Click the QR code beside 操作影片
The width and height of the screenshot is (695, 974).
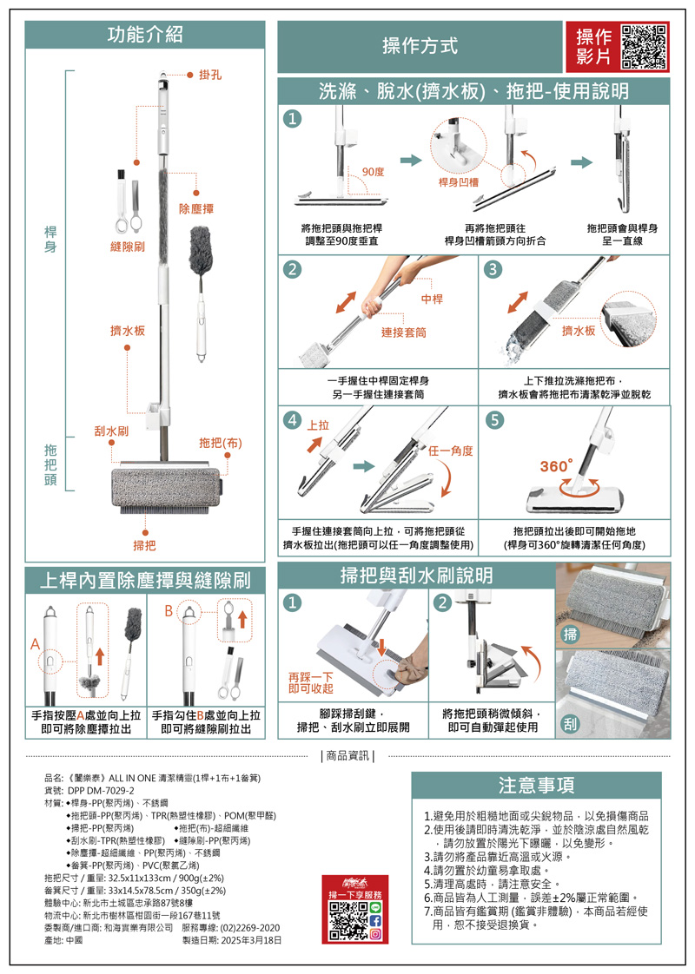pos(644,47)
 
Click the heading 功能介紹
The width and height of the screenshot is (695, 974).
pos(145,35)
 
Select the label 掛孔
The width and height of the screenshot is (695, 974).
pos(210,75)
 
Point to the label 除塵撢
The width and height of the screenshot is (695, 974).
pos(196,208)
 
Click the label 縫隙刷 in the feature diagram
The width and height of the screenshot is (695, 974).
pos(128,247)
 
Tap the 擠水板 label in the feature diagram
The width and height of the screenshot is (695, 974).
pos(128,331)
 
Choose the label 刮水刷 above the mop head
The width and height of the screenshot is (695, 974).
pos(111,431)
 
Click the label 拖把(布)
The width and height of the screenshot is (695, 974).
pos(221,443)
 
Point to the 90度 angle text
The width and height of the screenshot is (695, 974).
pos(373,172)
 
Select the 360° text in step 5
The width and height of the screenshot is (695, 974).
pos(556,466)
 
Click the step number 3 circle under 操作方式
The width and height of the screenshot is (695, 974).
pos(493,269)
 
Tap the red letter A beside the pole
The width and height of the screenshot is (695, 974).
pos(36,644)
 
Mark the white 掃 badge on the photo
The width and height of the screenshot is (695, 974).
pos(570,635)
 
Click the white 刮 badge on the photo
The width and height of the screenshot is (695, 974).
pos(570,723)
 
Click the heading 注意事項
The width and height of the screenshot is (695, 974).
pos(537,785)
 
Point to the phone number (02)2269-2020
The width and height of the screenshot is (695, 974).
pos(250,928)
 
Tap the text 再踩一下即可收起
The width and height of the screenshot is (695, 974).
pos(311,682)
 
